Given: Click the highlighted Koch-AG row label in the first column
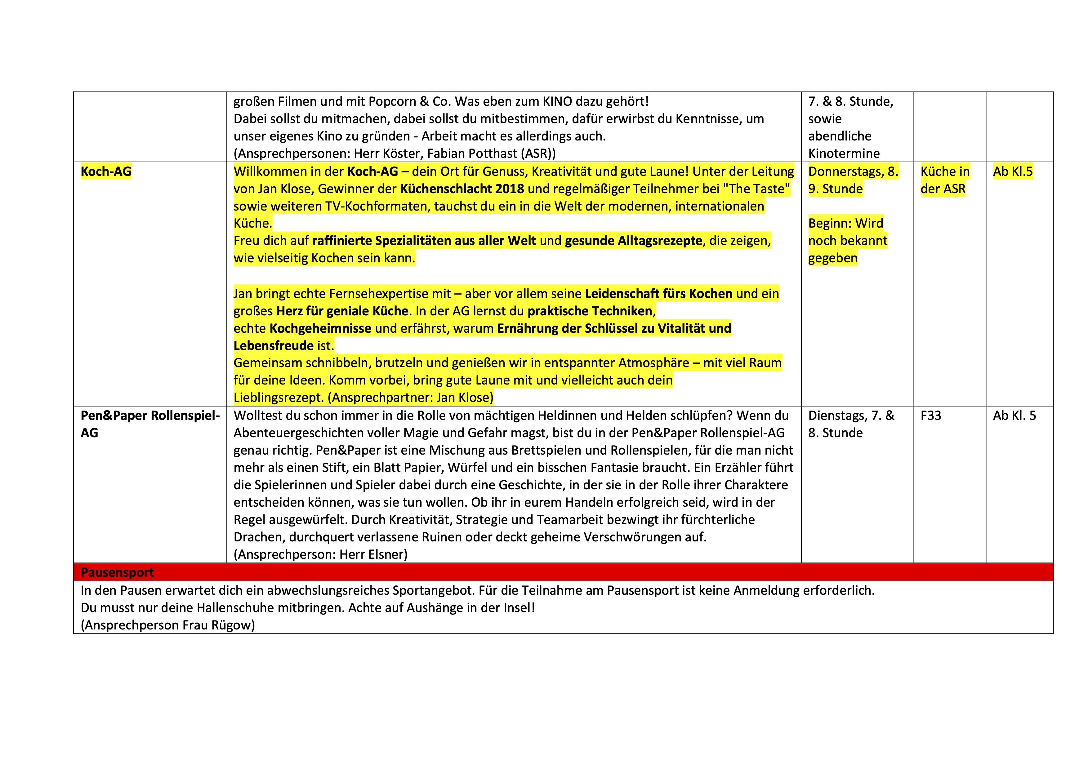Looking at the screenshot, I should click(x=106, y=171).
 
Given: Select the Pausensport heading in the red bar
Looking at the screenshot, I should click(x=117, y=572).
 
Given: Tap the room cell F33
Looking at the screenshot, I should click(x=931, y=416).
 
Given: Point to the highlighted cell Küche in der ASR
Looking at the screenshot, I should click(x=944, y=180).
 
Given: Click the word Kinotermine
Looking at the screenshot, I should click(x=844, y=153).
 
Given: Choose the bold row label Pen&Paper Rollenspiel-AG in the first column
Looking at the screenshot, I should click(x=150, y=424).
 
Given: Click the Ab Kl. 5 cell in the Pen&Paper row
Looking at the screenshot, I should click(x=1014, y=416).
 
